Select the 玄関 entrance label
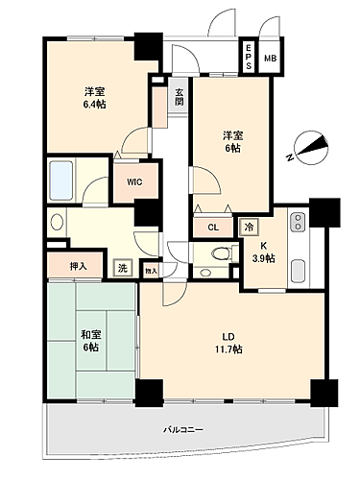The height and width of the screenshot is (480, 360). pyautogui.click(x=180, y=98)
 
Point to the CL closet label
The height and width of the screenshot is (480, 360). pyautogui.click(x=212, y=228)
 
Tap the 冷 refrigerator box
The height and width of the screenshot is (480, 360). pyautogui.click(x=248, y=228)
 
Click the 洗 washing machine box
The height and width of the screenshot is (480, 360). pyautogui.click(x=122, y=269)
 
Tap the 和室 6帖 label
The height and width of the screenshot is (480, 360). pyautogui.click(x=91, y=340)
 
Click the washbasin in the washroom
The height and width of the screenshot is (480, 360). pyautogui.click(x=57, y=223)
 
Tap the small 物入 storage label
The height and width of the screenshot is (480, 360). pyautogui.click(x=152, y=273)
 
